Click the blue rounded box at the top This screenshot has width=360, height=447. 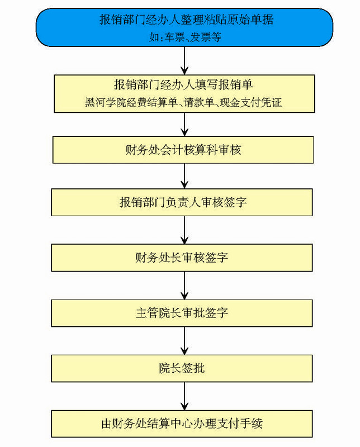pyautogui.click(x=184, y=27)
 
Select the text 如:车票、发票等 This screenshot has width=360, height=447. pyautogui.click(x=185, y=37)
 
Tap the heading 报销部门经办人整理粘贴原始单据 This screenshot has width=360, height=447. pyautogui.click(x=187, y=20)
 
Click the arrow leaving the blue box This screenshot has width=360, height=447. pyautogui.click(x=184, y=61)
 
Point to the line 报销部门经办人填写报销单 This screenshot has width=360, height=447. pyautogui.click(x=183, y=84)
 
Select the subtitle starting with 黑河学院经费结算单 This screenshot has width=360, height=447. pyautogui.click(x=183, y=102)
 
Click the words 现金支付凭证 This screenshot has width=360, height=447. pyautogui.click(x=251, y=102)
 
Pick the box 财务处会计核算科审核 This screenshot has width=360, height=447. pyautogui.click(x=183, y=150)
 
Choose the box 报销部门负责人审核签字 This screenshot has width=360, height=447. pyautogui.click(x=182, y=202)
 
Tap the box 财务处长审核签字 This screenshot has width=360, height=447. pyautogui.click(x=182, y=258)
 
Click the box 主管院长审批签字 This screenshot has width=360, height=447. pyautogui.click(x=182, y=313)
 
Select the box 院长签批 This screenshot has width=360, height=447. pyautogui.click(x=182, y=368)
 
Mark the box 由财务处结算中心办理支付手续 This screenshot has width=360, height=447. pyautogui.click(x=182, y=424)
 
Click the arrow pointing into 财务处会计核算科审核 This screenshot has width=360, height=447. pyautogui.click(x=184, y=124)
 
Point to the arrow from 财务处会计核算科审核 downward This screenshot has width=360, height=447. pyautogui.click(x=184, y=176)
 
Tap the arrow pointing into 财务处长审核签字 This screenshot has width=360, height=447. pyautogui.click(x=184, y=230)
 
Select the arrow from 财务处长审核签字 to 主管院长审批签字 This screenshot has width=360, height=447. pyautogui.click(x=184, y=286)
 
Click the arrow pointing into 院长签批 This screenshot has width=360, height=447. pyautogui.click(x=184, y=341)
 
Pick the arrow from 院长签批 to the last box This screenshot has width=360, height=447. pyautogui.click(x=184, y=396)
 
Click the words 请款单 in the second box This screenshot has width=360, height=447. pyautogui.click(x=199, y=102)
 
